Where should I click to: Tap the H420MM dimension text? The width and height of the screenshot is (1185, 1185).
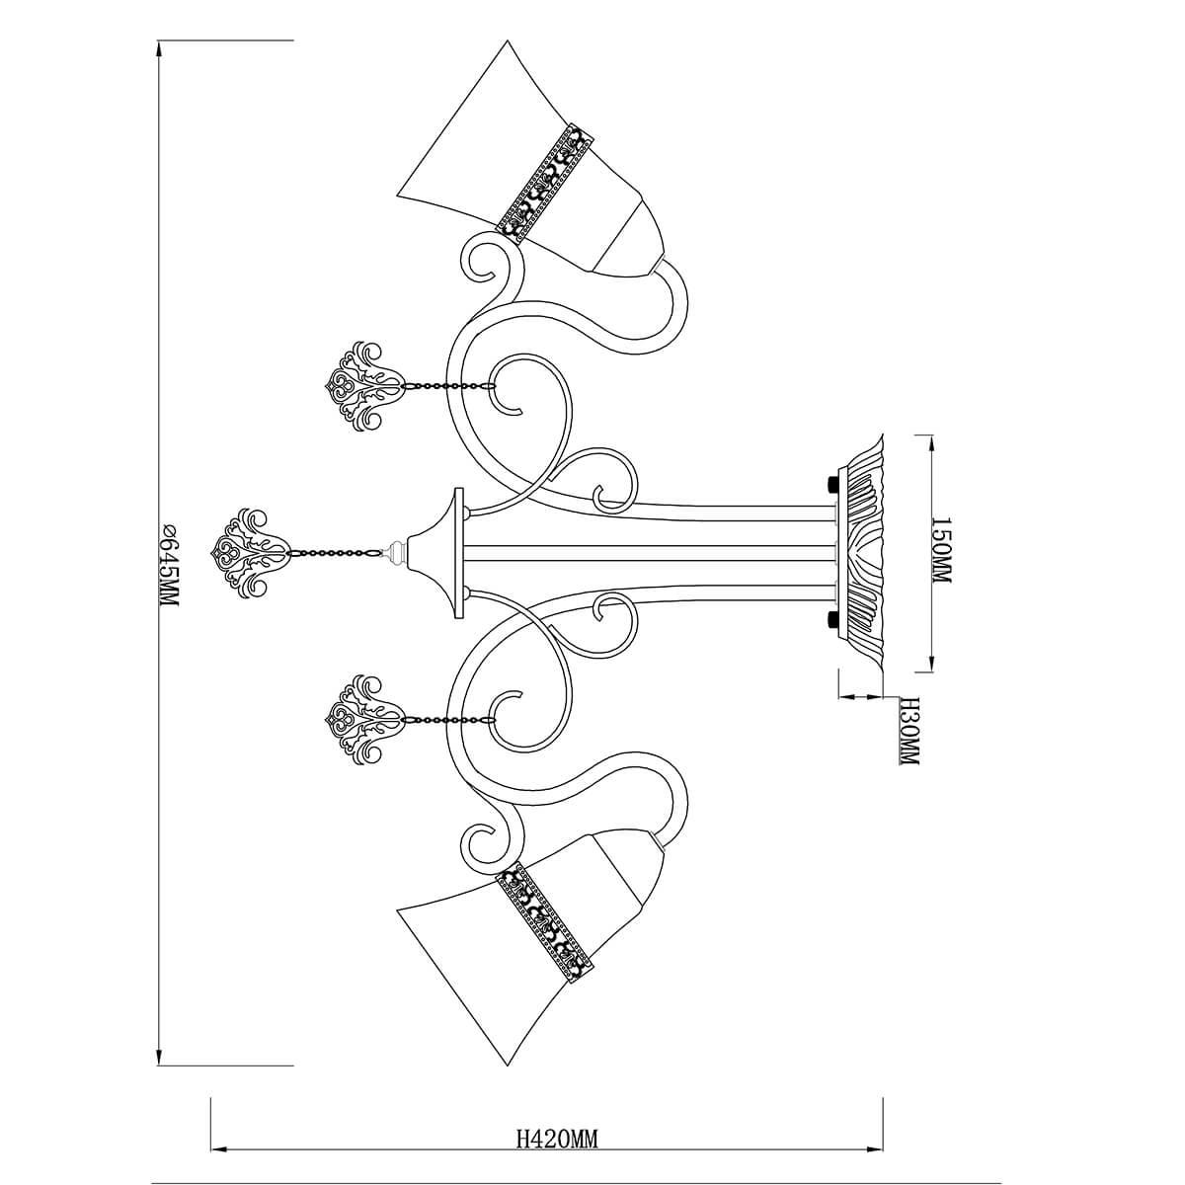point(557,1122)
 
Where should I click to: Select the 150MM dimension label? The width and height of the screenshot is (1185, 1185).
point(941,550)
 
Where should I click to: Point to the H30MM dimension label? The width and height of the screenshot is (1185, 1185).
point(908,731)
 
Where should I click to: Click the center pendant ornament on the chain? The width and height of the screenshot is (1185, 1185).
point(249,553)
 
